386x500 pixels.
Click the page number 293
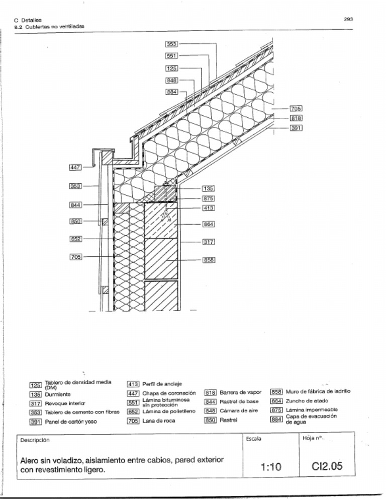(349, 19)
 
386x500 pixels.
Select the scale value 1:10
(271, 467)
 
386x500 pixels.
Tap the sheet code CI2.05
(327, 467)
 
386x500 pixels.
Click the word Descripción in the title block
(35, 440)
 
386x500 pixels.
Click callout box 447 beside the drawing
(76, 167)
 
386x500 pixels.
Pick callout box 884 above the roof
(172, 92)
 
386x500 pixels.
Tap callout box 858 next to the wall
(209, 260)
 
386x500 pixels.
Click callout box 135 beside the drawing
(209, 189)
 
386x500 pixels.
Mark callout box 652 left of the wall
(76, 238)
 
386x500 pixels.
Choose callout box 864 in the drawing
(209, 224)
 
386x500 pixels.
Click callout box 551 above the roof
(172, 56)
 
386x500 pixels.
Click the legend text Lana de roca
(159, 421)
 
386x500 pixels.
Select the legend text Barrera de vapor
(241, 392)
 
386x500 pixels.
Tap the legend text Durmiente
(57, 394)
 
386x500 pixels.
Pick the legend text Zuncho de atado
(307, 401)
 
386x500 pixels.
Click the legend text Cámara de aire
(239, 411)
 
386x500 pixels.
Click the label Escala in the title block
(254, 439)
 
